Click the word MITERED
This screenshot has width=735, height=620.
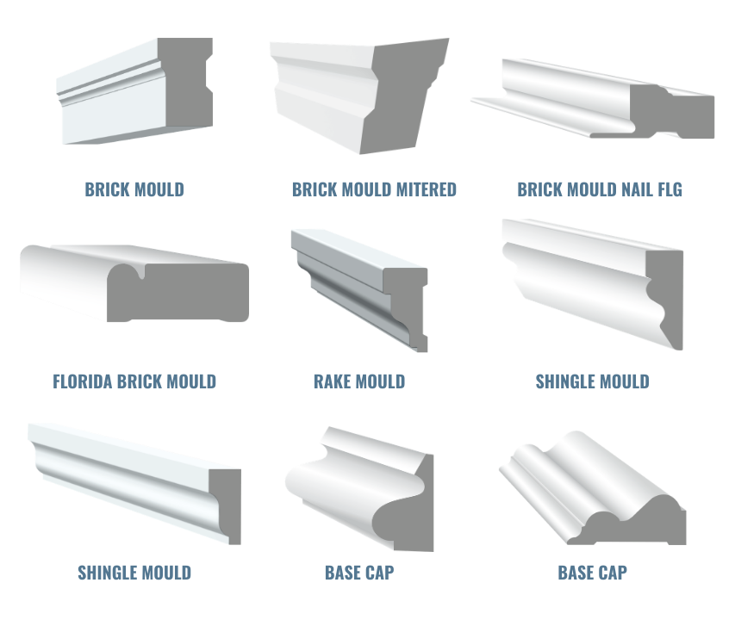tap(427, 189)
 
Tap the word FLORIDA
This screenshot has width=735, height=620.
tap(83, 381)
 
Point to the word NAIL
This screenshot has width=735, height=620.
tap(637, 189)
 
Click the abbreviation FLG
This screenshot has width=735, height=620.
tap(670, 189)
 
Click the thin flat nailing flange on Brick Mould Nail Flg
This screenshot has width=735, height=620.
tap(530, 115)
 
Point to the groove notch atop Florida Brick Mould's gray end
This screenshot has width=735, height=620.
tap(141, 271)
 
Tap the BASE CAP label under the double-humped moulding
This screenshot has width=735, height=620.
tap(593, 573)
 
